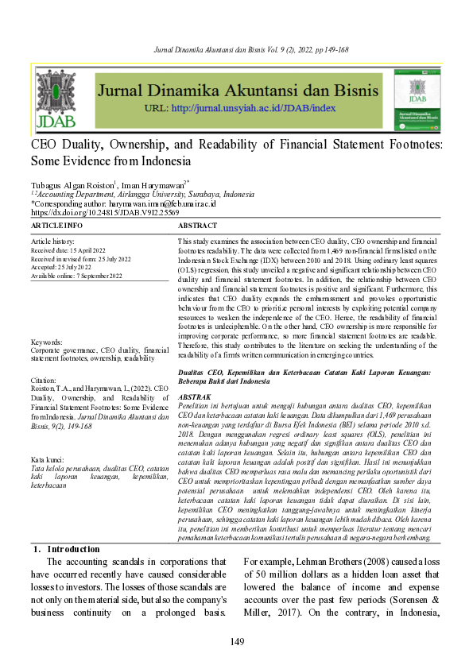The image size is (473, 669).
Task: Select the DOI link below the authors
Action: click(x=105, y=213)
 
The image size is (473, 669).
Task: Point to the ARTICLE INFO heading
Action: click(x=56, y=226)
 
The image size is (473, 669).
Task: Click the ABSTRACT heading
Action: click(x=197, y=226)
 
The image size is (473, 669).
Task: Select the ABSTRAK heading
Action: click(x=195, y=395)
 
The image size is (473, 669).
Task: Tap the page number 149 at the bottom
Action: click(x=236, y=642)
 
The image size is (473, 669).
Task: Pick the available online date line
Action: click(x=77, y=276)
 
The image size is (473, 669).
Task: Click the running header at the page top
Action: click(x=236, y=50)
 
